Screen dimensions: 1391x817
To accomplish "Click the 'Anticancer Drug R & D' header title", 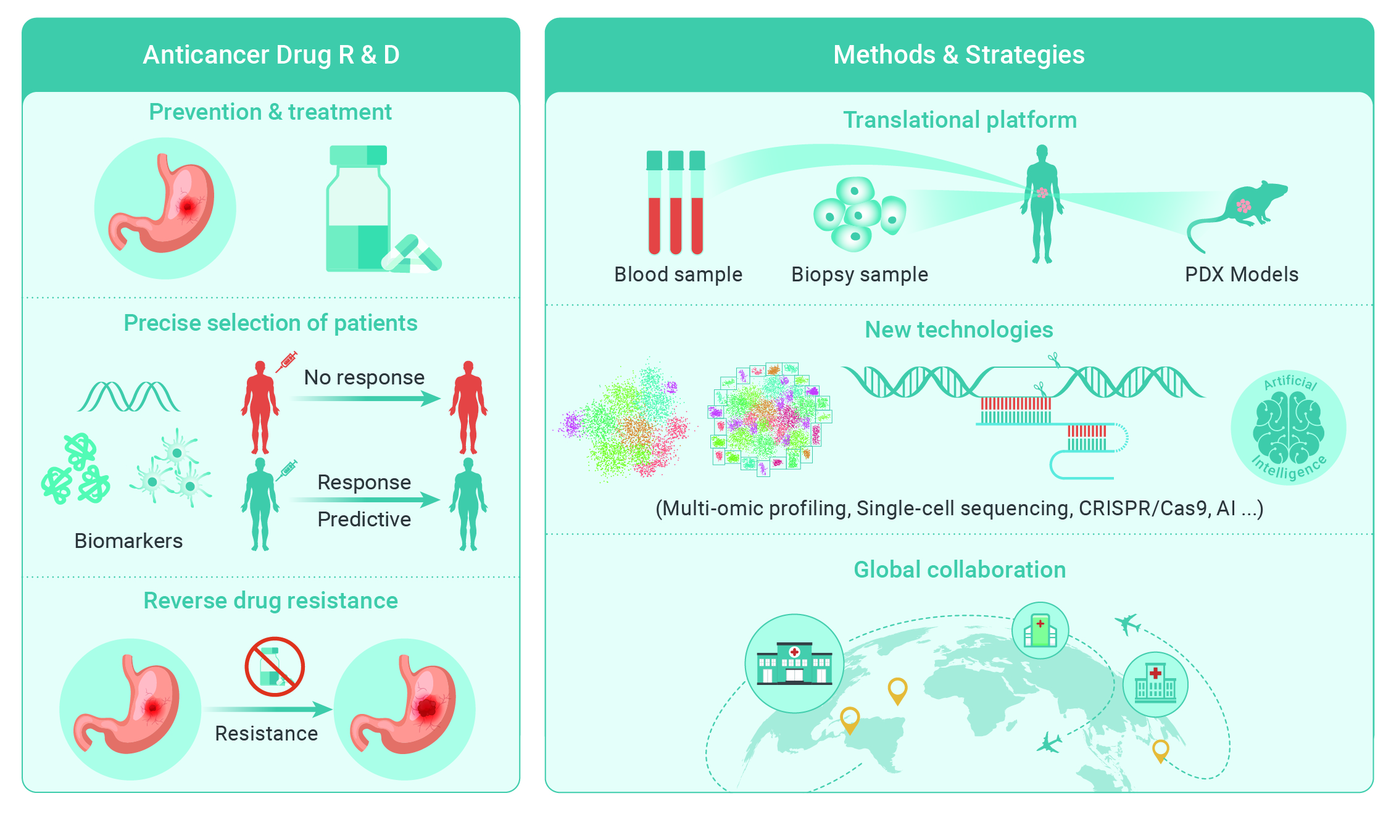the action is pos(271,55).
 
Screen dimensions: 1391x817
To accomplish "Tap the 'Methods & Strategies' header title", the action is pos(958,55).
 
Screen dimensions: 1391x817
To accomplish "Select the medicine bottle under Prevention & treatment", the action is pos(359,209).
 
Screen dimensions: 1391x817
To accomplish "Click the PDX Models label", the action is pos(1242,274).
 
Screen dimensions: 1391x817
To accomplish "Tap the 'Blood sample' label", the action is pos(678,275).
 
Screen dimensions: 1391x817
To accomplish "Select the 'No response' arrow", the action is pos(366,399).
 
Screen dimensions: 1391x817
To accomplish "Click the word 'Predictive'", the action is pos(364,519).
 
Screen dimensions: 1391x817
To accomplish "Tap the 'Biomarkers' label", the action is pos(128,541).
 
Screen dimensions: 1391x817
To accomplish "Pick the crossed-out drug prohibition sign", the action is pos(275,666).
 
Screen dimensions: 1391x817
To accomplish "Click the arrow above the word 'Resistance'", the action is pos(269,709).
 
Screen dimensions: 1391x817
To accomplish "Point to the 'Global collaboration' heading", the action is pos(960,570).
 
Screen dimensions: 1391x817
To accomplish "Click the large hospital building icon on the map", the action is pos(794,663).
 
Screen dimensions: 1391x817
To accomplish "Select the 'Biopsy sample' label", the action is pos(860,275).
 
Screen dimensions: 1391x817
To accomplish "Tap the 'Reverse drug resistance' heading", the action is pos(271,600).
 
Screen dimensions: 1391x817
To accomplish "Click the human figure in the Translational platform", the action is pos(1042,204).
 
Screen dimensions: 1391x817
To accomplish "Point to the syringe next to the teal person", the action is pos(286,470).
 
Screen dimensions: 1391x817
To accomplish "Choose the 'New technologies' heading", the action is pos(959,330).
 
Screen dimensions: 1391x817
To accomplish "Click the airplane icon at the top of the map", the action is pos(1128,623).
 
